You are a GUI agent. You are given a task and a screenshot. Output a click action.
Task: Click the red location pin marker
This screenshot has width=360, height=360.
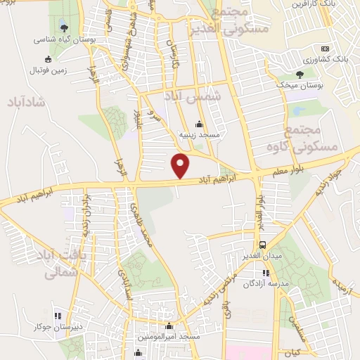pos(181,165)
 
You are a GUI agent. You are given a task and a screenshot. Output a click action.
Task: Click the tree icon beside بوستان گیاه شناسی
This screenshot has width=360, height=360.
pos(65,29)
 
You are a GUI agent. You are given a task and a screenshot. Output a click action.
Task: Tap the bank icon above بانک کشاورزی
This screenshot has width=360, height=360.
pos(325,48)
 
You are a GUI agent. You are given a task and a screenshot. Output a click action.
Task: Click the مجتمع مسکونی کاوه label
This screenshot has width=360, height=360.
pos(314,138)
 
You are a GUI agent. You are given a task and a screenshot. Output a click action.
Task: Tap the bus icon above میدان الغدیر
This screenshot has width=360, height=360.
pos(262,245)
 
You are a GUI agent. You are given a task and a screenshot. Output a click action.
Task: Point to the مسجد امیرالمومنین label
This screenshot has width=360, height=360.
pos(169,337)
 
